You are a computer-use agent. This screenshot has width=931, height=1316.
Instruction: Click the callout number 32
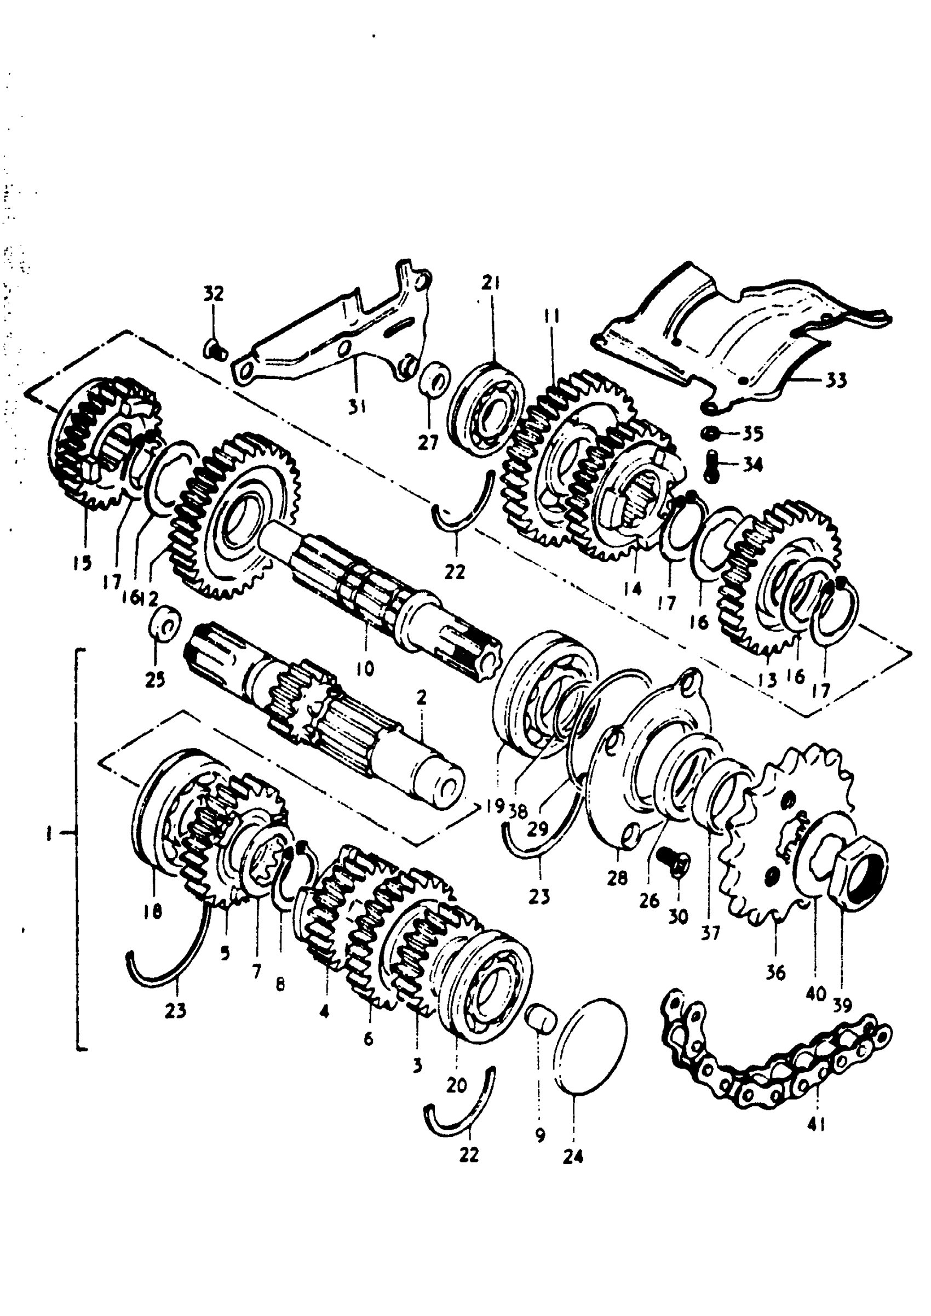pyautogui.click(x=213, y=294)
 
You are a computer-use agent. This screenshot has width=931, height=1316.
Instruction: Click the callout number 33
pyautogui.click(x=836, y=380)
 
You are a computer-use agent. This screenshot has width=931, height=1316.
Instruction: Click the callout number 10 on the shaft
pyautogui.click(x=365, y=668)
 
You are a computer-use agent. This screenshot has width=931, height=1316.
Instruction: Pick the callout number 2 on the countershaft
pyautogui.click(x=422, y=698)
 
